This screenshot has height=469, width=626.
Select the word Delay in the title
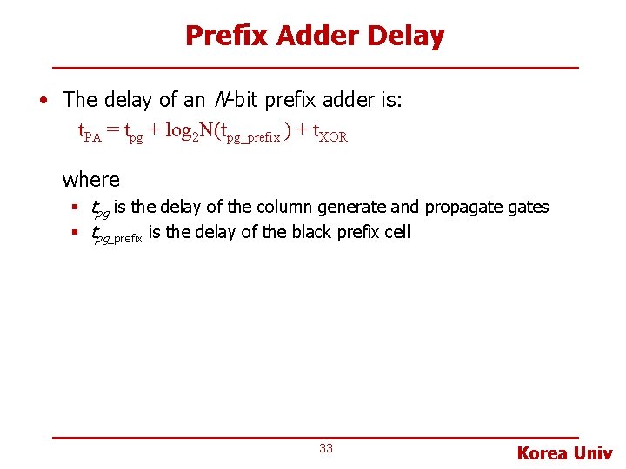[x=406, y=36]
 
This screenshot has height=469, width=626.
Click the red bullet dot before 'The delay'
[x=43, y=100]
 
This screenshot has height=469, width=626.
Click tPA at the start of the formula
[x=90, y=133]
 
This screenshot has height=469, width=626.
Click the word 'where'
[x=91, y=180]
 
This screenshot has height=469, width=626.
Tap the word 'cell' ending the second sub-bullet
[x=394, y=232]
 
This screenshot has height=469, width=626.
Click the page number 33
[x=326, y=448]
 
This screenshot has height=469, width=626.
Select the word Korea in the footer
[x=543, y=452]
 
